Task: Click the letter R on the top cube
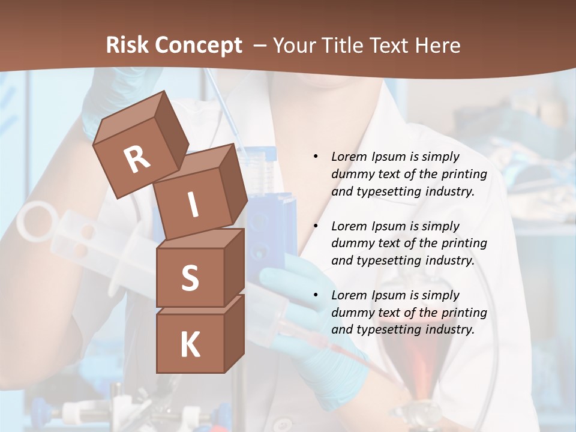point(137,160)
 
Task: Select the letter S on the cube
point(190,278)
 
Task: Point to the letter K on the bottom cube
point(190,345)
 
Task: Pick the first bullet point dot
point(316,157)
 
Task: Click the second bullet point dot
point(316,226)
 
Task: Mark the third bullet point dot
point(316,295)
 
